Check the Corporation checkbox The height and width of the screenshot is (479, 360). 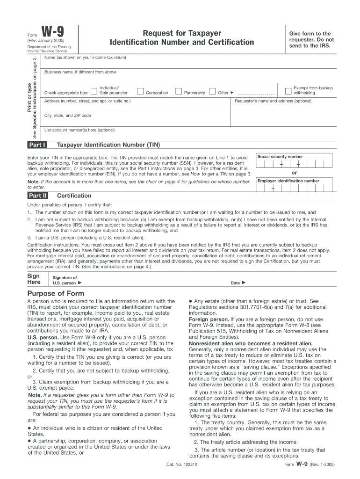coord(140,91)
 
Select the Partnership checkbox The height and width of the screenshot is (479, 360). coord(178,91)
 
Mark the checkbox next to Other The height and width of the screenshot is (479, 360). coord(212,91)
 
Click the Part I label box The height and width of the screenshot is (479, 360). coord(37,145)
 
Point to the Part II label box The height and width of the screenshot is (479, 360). coord(37,196)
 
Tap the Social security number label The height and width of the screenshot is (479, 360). coord(280,157)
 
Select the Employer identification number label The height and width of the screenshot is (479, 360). coord(288,181)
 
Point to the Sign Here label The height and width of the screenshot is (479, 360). coord(34,279)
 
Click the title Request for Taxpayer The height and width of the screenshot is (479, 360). coord(182,33)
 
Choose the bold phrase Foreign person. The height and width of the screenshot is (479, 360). coord(206,319)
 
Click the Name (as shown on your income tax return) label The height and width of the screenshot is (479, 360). coord(85,58)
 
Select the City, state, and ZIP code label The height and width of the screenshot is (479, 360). coord(68,116)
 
